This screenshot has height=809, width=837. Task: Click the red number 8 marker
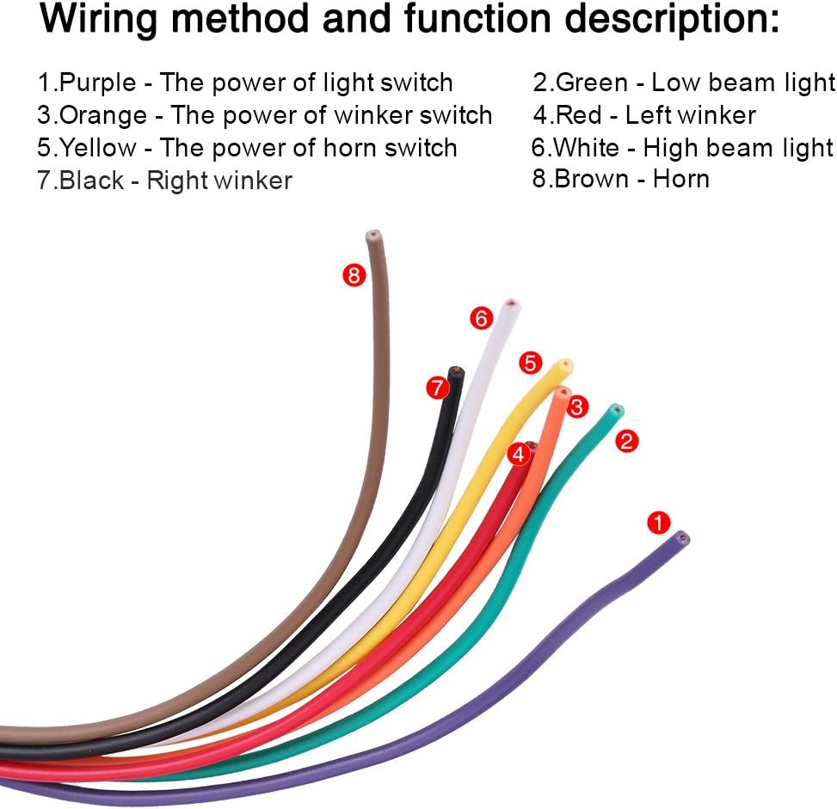pos(354,275)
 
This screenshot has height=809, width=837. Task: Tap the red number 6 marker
pos(481,318)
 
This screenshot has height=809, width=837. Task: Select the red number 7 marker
pos(437,388)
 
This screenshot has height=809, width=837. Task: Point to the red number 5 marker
pos(530,363)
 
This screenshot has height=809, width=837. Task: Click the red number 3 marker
pos(576,408)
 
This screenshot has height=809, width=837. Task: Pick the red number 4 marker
pos(518,454)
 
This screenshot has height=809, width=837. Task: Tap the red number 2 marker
pos(627,441)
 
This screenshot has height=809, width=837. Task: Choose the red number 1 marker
pos(658,523)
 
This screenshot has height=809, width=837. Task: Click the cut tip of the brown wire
pos(373,236)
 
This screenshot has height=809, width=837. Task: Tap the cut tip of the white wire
pos(511,305)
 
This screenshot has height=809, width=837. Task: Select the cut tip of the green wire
pos(617,410)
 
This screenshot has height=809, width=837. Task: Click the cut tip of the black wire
pos(456,371)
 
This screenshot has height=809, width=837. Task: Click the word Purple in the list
pos(98,83)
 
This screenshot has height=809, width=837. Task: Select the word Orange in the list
pos(103,116)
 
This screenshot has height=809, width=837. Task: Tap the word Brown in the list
pos(592,179)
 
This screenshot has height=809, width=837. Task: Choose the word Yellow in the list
pos(98,148)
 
